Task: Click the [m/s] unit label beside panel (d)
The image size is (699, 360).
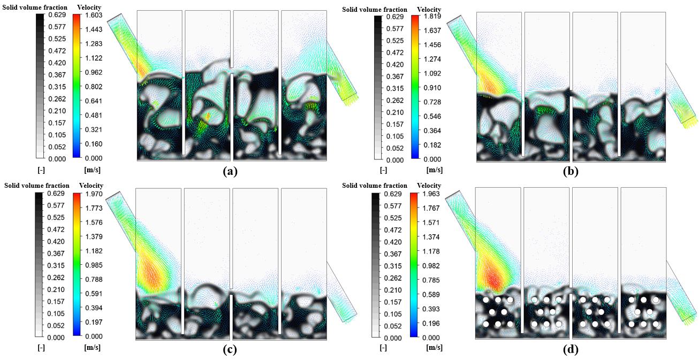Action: click(x=435, y=348)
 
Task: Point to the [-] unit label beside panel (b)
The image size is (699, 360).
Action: click(x=383, y=171)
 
